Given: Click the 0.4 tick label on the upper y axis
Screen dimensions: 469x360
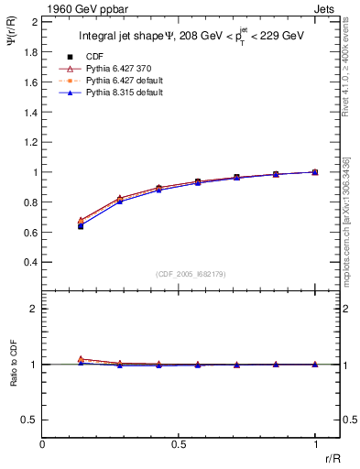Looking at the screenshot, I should [x=30, y=262].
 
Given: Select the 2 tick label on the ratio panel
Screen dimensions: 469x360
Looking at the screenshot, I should [x=34, y=309].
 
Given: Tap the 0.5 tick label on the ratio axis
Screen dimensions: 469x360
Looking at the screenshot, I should [x=30, y=420].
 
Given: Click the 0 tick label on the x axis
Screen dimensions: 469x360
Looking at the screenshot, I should [x=42, y=444].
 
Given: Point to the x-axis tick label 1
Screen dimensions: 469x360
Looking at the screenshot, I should [x=315, y=444].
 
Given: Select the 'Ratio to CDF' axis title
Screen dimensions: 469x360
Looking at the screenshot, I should [x=13, y=378].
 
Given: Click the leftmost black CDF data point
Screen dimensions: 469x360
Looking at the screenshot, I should [x=81, y=225].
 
